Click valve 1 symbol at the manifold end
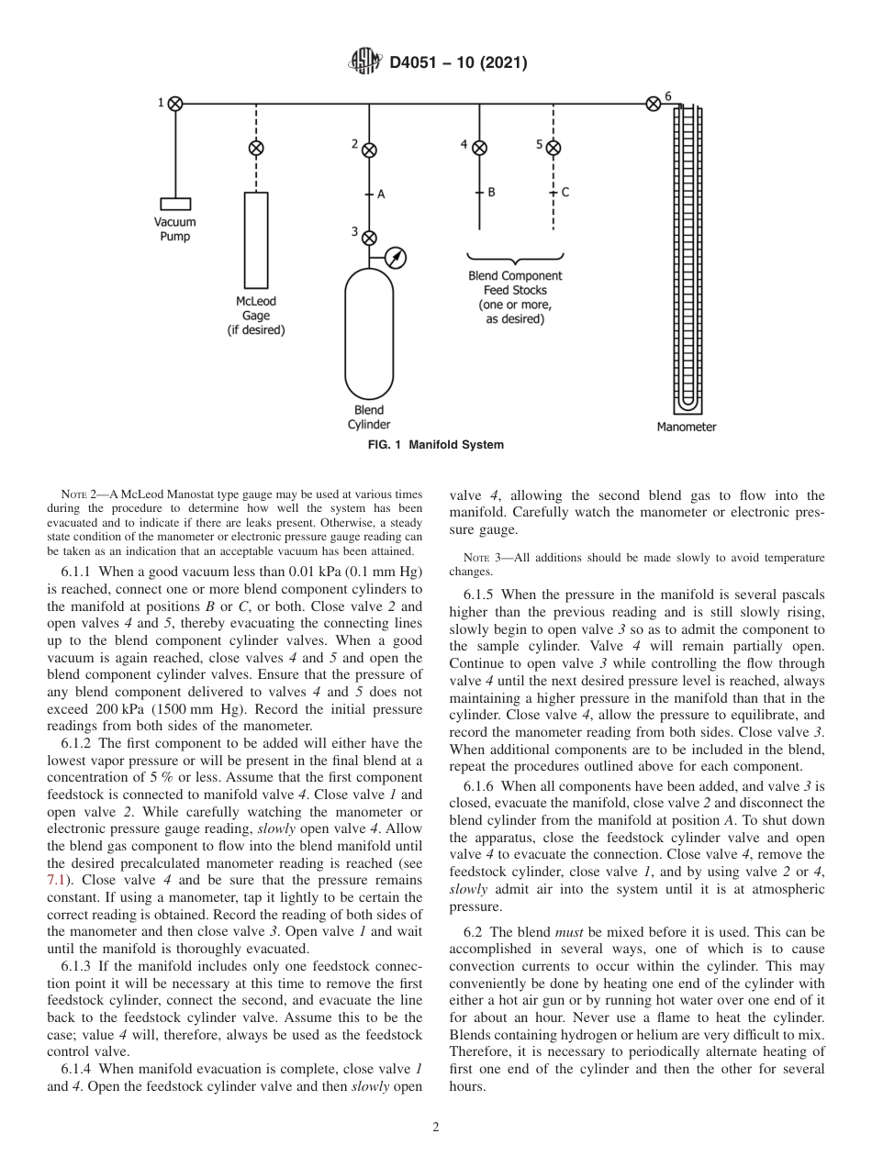coord(175,104)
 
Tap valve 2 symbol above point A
coord(369,149)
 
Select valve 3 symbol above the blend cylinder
coord(369,238)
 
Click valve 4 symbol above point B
coord(479,149)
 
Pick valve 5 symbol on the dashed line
coord(553,149)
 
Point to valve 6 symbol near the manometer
coord(654,104)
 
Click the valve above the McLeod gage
coord(256,149)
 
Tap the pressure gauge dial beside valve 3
coord(396,258)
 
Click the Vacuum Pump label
coord(174,229)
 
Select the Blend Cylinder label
coord(369,417)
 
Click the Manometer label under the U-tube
coord(687,427)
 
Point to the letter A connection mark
coord(381,194)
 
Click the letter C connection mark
coord(565,193)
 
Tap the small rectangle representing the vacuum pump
coord(174,204)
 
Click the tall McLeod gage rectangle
coord(256,239)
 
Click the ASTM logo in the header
coord(365,63)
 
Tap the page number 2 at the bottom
coord(436,1128)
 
